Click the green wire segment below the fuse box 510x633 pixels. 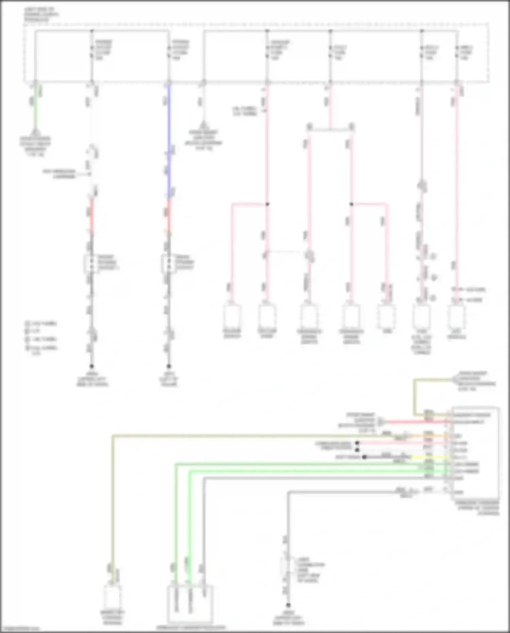point(35,109)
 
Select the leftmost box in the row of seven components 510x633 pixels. point(232,316)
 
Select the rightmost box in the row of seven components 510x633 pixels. point(456,316)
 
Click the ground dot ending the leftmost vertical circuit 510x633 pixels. point(91,366)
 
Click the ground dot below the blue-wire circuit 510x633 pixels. point(169,366)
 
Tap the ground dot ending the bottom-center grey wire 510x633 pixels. point(288,605)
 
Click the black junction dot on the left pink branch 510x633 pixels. point(267,204)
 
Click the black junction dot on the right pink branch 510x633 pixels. point(352,204)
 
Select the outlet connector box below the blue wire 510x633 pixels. point(168,264)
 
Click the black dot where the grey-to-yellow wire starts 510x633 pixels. point(364,457)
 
